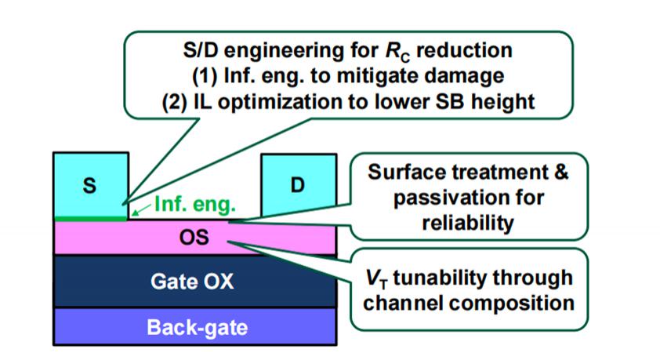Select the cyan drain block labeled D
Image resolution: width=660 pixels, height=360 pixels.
click(x=297, y=185)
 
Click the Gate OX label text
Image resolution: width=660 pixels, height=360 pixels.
click(x=193, y=282)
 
